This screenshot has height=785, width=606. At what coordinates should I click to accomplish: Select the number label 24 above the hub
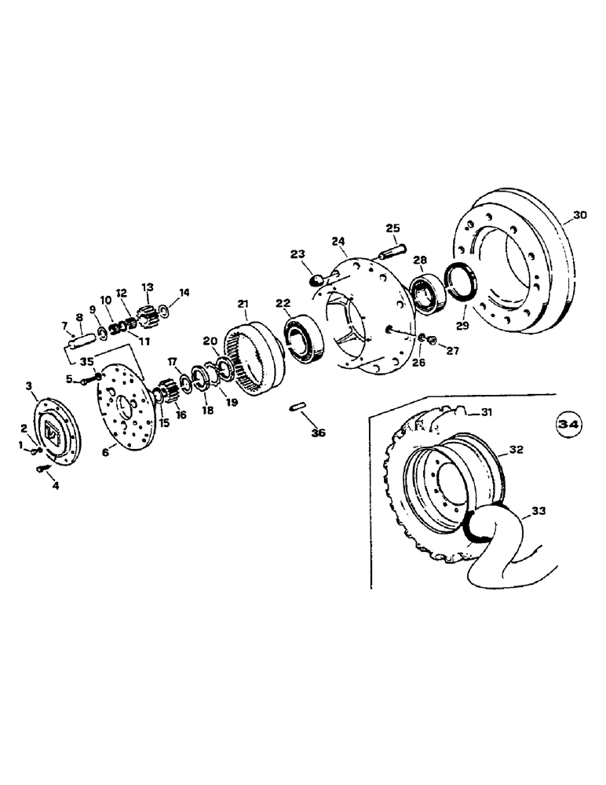click(338, 240)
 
